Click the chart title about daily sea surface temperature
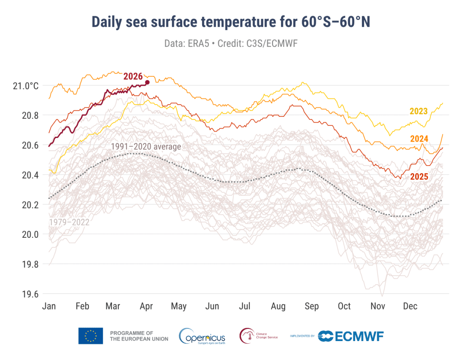coord(231,22)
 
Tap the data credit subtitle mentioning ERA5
coord(231,43)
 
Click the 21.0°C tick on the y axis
coord(26,86)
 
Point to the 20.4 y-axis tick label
coord(30,175)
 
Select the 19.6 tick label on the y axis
coord(30,294)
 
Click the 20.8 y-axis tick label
coord(30,115)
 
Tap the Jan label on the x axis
coord(49,306)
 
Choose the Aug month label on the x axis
coord(278,306)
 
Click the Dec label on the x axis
coord(410,306)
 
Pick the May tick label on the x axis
coord(179,306)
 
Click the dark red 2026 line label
coord(133,76)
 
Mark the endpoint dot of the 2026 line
coord(148,82)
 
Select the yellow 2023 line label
coord(418,111)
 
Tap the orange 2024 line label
coord(419,138)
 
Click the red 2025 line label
coord(419,176)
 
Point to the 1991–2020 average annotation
coord(146,147)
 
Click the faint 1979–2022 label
coord(69,222)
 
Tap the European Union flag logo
coord(90,336)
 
